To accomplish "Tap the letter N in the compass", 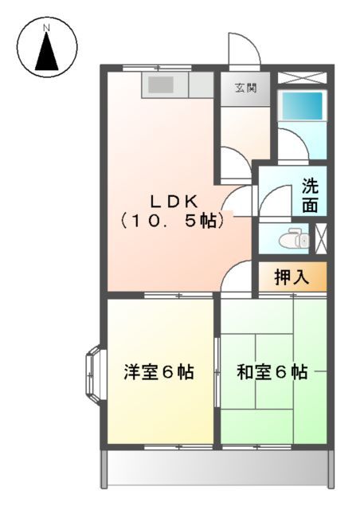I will tap(46, 29).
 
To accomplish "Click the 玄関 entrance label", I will tap(245, 88).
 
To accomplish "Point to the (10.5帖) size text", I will tap(170, 222).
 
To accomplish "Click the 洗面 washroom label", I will tap(310, 196).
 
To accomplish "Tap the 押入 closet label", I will tap(291, 278).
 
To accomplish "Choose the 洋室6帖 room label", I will tap(158, 372).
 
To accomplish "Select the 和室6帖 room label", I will tap(272, 372).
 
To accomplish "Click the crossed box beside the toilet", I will tap(321, 239).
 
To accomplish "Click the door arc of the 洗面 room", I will tap(276, 199).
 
